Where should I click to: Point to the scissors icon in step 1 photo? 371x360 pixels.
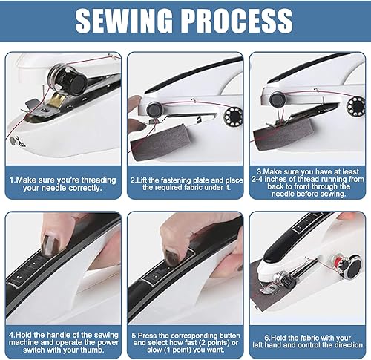tap(20, 142)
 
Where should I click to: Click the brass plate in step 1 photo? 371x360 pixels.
tap(57, 99)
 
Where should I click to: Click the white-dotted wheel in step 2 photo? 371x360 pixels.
tap(233, 117)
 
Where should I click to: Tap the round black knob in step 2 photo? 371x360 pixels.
tap(154, 110)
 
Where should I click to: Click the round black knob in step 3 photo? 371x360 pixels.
tap(278, 99)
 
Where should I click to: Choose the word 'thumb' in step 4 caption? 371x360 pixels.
tap(91, 350)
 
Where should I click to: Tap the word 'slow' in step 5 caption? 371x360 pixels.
tap(154, 350)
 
